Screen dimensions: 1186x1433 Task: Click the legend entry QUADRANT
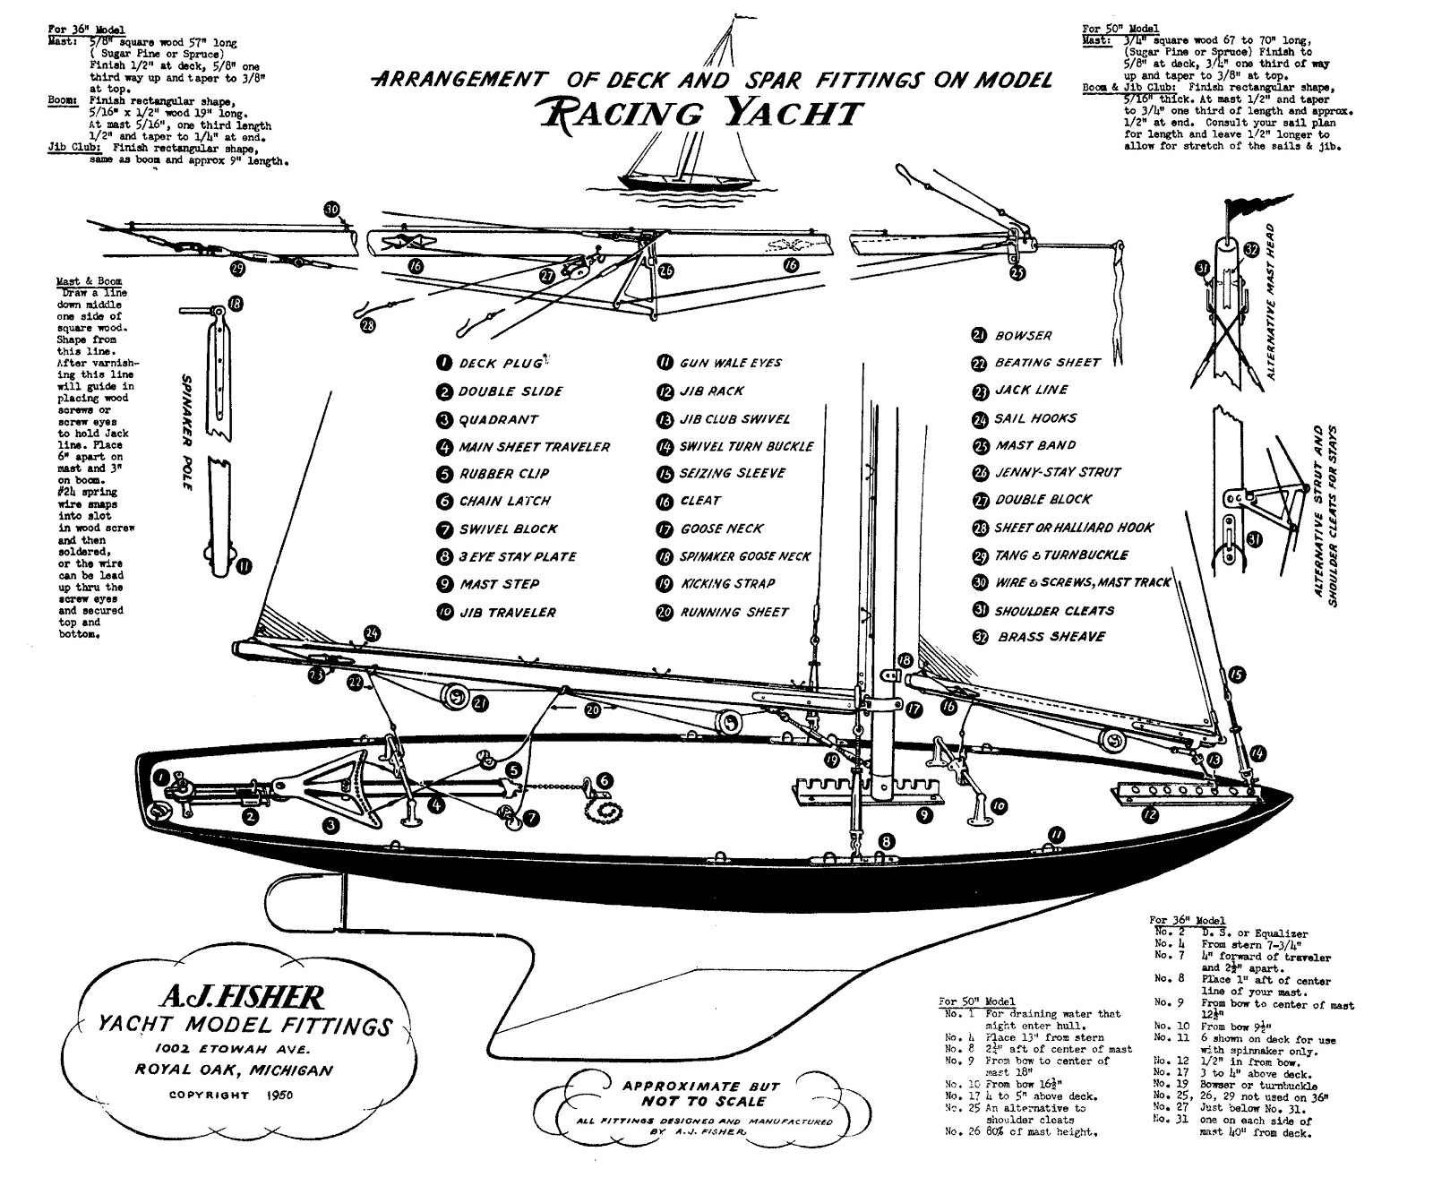click(x=498, y=419)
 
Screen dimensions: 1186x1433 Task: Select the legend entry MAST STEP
click(x=499, y=584)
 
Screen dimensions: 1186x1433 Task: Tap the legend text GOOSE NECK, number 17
click(x=722, y=529)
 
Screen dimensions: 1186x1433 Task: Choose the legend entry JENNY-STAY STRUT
click(x=1057, y=472)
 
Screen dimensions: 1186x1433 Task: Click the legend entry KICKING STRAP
click(x=728, y=584)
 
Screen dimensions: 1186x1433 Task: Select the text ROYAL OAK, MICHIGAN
click(x=235, y=1070)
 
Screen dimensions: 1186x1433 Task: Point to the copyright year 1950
click(x=280, y=1095)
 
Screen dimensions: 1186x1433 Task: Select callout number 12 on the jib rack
click(x=1149, y=815)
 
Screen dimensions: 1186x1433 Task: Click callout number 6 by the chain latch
click(x=605, y=779)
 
